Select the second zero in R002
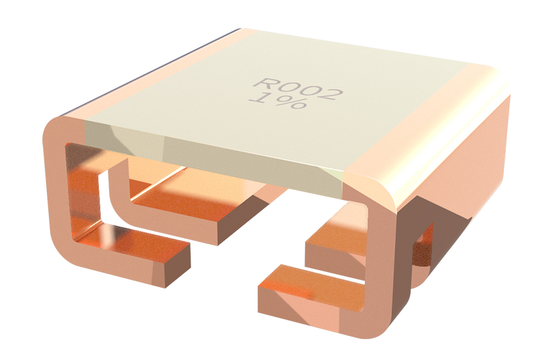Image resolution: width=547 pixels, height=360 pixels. coord(309,92)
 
